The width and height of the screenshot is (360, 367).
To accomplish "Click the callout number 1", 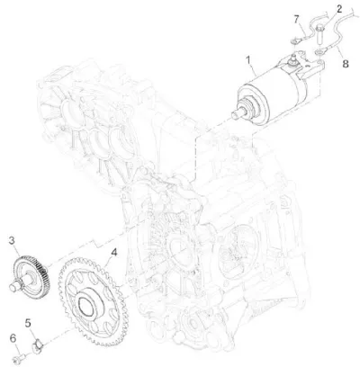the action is click(248, 60).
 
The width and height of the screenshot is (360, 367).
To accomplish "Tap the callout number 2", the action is click(338, 9).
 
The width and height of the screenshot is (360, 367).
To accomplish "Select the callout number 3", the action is click(12, 240).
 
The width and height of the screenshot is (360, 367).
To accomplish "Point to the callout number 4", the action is click(114, 253).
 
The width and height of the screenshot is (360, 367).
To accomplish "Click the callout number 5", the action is click(28, 323).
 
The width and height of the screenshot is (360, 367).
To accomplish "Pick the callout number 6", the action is click(13, 338).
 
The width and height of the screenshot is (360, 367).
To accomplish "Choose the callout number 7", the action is click(296, 20).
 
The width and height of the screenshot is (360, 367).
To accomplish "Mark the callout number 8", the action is click(346, 64).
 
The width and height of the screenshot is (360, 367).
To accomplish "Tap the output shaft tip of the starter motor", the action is click(236, 114).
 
